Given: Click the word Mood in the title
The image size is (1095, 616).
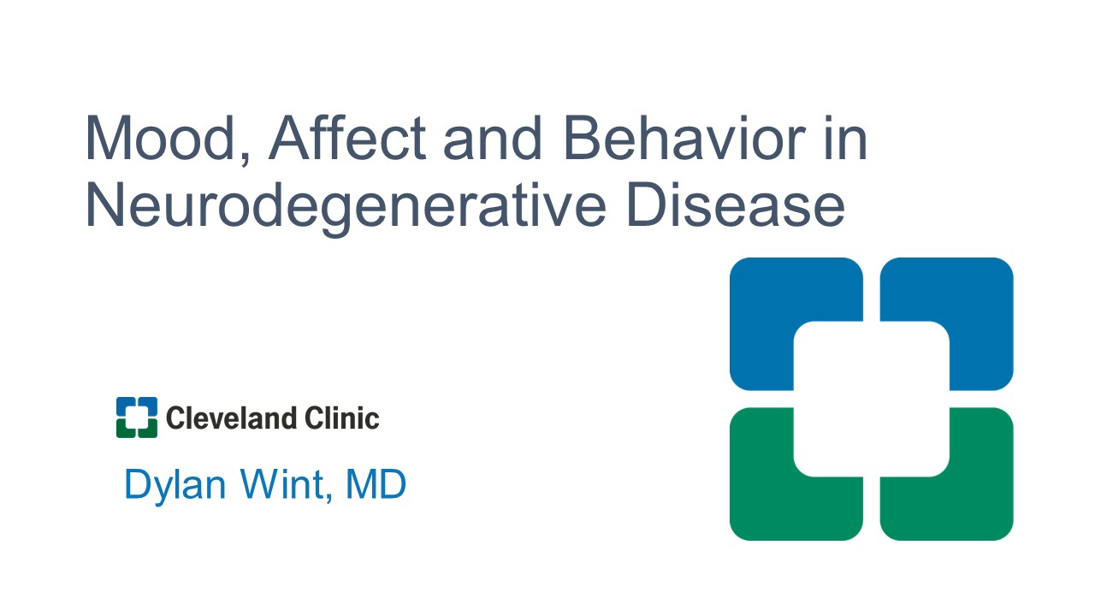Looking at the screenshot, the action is click(x=160, y=138).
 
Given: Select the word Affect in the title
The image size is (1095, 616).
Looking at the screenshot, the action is click(x=347, y=138).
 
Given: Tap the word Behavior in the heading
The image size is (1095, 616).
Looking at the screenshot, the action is click(x=684, y=138).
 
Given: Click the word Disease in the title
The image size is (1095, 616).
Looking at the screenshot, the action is click(x=735, y=204).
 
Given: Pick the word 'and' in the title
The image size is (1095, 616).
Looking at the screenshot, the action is click(x=492, y=138).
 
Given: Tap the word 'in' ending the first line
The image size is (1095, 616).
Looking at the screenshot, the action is click(x=846, y=138).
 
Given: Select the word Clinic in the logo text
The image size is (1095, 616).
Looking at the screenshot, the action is click(x=341, y=418).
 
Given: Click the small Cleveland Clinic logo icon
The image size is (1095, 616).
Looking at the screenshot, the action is click(x=137, y=418).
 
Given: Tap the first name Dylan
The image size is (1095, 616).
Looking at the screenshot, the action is click(x=175, y=485).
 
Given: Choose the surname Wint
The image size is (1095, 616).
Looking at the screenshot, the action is click(x=282, y=484).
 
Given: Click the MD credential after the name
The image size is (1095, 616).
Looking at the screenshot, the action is click(x=376, y=484).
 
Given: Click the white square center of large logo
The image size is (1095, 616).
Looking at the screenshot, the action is click(x=872, y=399).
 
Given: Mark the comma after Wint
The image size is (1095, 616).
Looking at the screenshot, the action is click(x=329, y=498).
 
